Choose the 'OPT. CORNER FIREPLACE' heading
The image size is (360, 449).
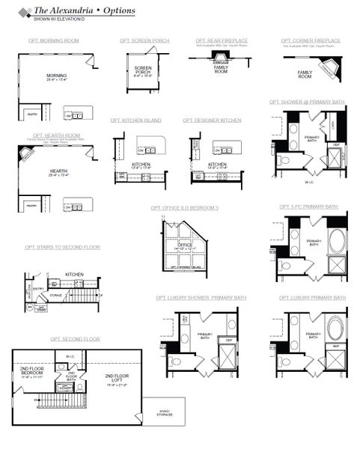pos(311,40)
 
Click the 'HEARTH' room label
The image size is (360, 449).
pos(57,171)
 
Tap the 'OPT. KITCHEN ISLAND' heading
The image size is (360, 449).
pos(135,120)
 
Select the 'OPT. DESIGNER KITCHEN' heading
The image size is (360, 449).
pos(212,120)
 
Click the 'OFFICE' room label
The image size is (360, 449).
pos(185,243)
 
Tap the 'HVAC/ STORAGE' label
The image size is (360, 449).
pos(165,409)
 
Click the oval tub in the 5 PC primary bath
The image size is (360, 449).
pos(336,243)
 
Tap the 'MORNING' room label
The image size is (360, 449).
pos(57,76)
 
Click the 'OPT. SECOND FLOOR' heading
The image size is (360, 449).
pos(75,339)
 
